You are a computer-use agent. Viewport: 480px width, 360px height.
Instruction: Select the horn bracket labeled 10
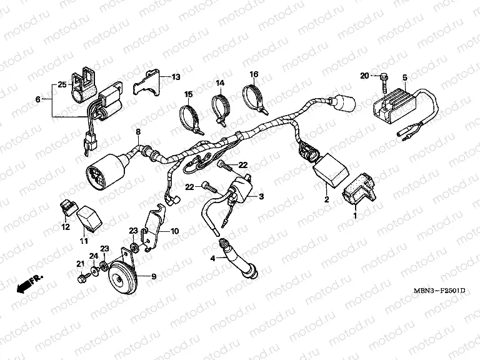point(152,228)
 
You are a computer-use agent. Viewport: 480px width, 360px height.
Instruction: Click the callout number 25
point(62,84)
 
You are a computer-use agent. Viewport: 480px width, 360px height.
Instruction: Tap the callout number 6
point(38,99)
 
